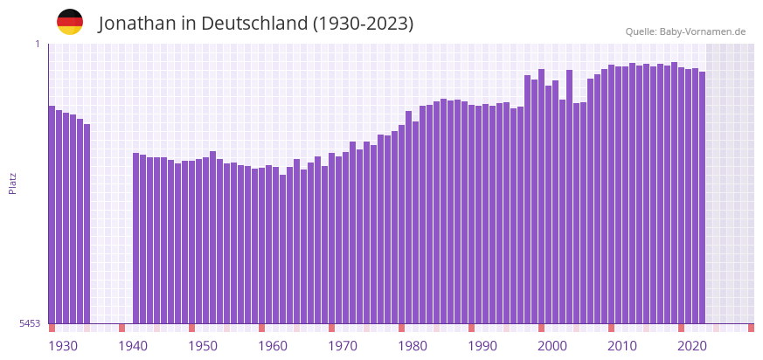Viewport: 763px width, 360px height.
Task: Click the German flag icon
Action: (70, 22)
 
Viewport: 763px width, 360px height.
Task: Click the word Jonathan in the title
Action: (137, 24)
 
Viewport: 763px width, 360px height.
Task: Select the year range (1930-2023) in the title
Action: (363, 24)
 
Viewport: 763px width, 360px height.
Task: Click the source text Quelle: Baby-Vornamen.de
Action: (685, 31)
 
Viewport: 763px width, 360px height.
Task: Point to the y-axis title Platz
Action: (12, 183)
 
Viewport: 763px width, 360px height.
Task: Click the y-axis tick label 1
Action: (38, 44)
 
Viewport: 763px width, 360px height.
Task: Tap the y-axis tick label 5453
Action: (30, 323)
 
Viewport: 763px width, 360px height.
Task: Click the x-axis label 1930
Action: (63, 346)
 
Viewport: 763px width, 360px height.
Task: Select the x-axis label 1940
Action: (133, 346)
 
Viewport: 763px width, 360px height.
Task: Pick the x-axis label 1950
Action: (203, 346)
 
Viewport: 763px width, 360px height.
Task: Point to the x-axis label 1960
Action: (273, 346)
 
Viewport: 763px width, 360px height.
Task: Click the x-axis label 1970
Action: (343, 346)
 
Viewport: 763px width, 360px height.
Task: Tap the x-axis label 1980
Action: (413, 346)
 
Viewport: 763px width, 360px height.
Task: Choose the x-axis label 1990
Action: (482, 346)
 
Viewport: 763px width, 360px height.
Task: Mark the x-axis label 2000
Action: (552, 346)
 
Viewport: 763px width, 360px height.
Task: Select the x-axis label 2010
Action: (622, 346)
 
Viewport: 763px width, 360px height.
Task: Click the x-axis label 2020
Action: (692, 346)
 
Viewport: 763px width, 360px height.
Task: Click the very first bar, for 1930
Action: (52, 214)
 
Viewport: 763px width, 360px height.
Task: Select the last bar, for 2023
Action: (702, 197)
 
